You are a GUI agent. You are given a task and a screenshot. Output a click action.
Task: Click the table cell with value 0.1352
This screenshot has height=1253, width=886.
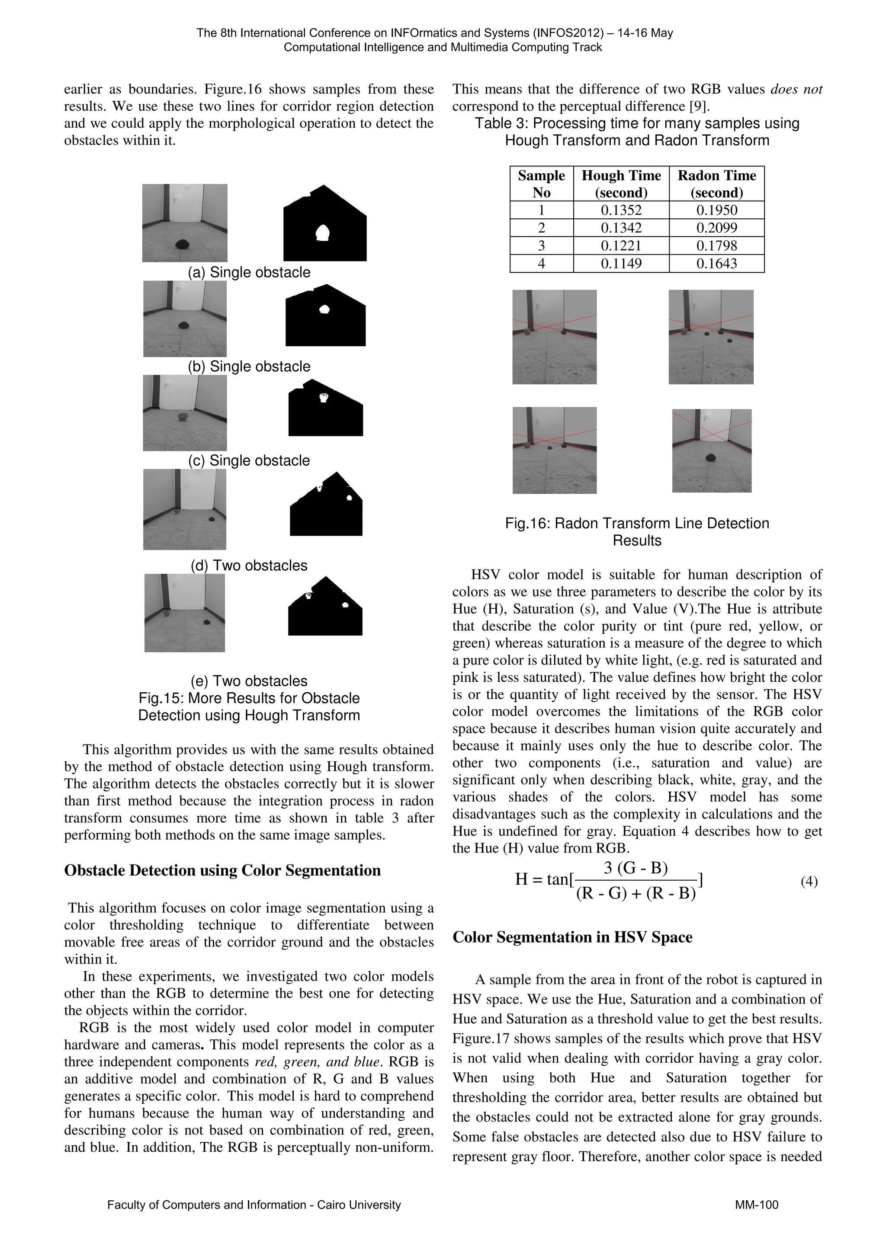[621, 210]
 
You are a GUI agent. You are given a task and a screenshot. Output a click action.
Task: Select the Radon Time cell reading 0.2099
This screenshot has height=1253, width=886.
[716, 228]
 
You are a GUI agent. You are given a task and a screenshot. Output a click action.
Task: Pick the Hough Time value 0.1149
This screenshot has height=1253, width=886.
[621, 264]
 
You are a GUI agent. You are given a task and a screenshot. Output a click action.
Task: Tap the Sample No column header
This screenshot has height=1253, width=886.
[541, 184]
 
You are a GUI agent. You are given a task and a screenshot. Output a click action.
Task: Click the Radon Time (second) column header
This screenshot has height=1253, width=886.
[716, 184]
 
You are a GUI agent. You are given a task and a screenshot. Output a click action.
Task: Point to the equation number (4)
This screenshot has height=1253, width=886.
[809, 881]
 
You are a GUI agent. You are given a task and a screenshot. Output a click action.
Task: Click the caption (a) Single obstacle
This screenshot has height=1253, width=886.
[249, 272]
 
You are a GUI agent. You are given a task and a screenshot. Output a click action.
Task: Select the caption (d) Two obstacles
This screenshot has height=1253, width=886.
[249, 566]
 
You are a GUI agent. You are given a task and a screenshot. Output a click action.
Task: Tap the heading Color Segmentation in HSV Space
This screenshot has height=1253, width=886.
[572, 937]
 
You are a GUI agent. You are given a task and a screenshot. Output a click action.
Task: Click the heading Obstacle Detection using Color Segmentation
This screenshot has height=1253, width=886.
[222, 870]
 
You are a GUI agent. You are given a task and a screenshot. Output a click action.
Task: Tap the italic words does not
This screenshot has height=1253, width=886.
[796, 89]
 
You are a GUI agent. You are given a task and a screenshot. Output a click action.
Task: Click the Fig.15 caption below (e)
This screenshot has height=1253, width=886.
[249, 707]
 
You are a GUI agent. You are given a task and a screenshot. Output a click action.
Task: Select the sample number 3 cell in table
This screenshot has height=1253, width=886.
[541, 246]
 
